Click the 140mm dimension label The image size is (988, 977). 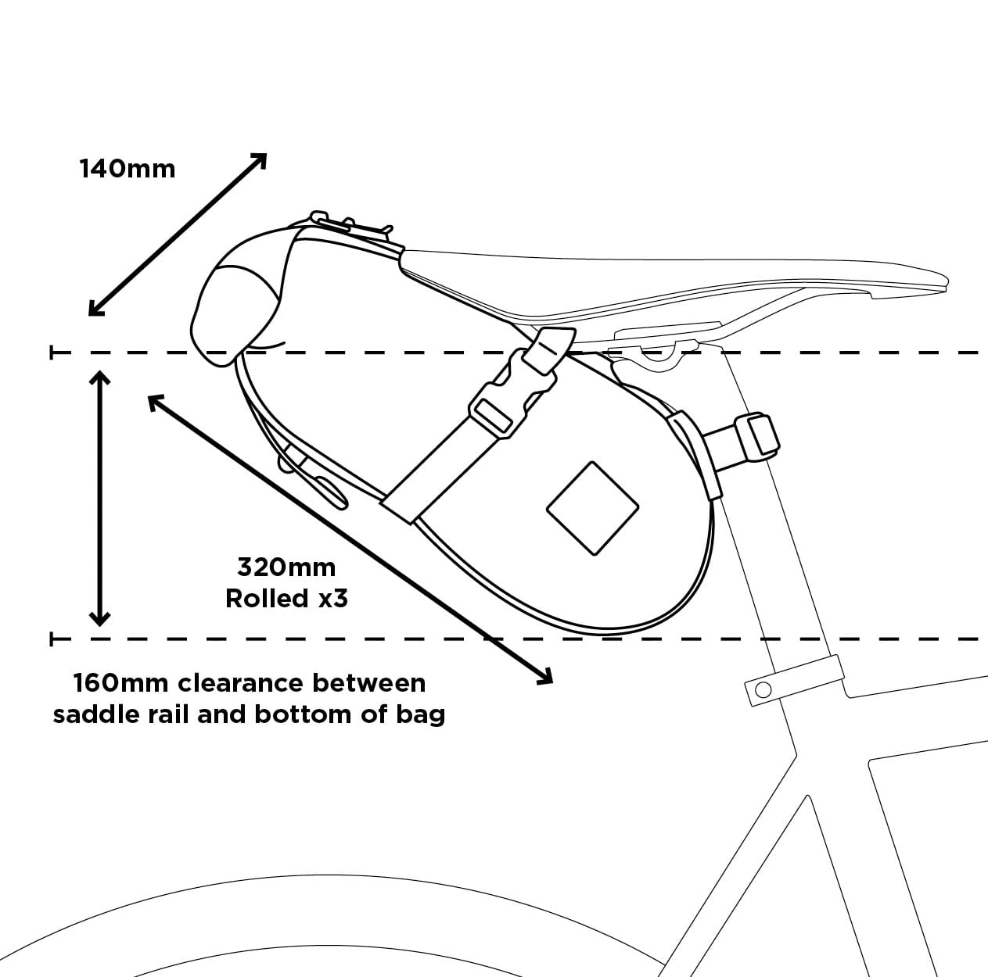128,168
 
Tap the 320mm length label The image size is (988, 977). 286,567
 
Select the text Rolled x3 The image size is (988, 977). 286,599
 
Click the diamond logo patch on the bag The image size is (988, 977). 592,509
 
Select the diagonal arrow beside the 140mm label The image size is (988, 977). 178,234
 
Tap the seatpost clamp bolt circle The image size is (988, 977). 763,689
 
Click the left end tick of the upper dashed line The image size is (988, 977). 52,353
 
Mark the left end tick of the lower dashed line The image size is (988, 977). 52,639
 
